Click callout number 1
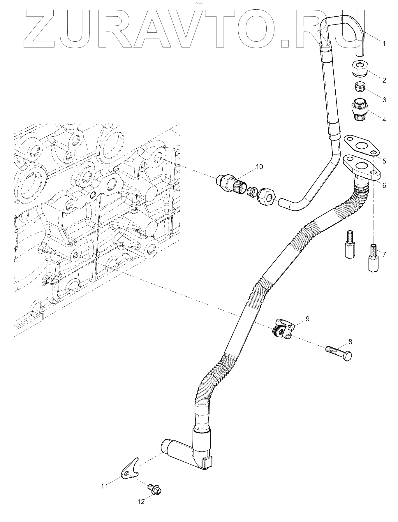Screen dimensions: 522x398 [384, 43]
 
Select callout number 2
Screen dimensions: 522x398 [384, 80]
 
